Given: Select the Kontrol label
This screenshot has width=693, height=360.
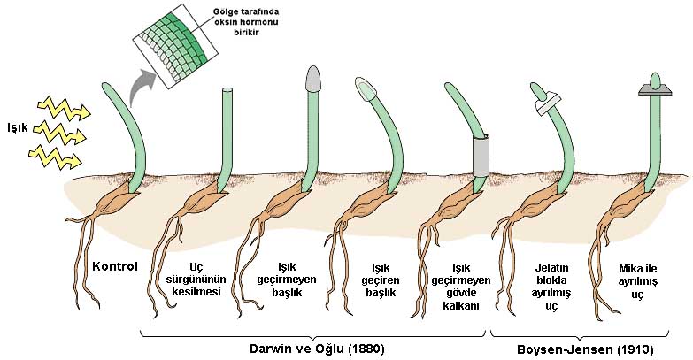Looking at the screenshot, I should click(115, 266).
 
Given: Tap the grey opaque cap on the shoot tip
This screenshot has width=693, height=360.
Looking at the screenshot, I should click(313, 79).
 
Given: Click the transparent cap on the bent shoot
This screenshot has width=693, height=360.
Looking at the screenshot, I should click(368, 87).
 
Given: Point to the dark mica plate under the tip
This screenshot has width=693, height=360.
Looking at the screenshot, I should click(656, 89).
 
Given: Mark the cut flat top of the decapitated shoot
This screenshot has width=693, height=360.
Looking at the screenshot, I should click(227, 90).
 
